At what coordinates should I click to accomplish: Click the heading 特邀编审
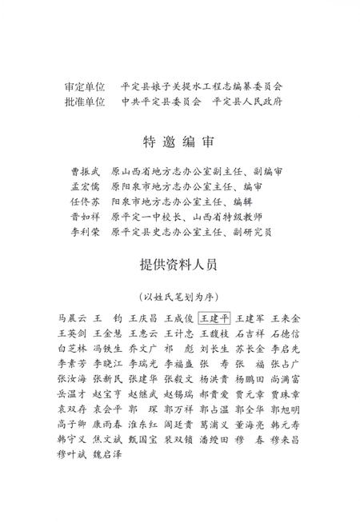click(179, 142)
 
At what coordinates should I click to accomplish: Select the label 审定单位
click(84, 86)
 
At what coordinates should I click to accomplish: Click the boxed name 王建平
click(214, 318)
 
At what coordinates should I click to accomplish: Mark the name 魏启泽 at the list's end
click(106, 453)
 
